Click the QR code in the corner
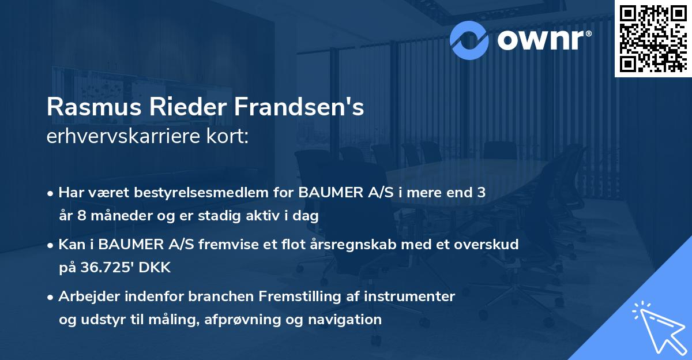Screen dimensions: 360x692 coord(652,38)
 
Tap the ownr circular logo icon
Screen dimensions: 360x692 coord(469,39)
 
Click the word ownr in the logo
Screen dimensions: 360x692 coord(543,39)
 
